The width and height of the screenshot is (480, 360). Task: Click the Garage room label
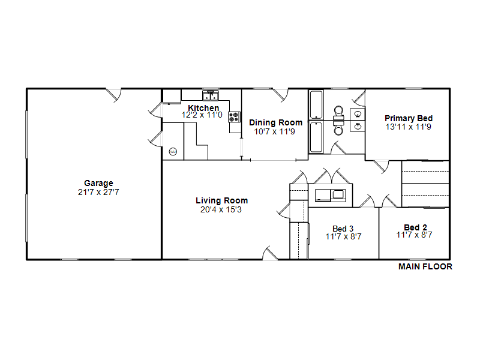click(x=98, y=183)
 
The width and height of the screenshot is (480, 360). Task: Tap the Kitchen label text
click(x=203, y=108)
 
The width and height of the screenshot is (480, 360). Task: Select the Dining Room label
click(x=276, y=122)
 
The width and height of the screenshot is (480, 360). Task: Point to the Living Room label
click(x=221, y=200)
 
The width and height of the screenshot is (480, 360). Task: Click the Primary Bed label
click(x=409, y=118)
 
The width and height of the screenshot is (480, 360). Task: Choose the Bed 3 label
click(x=343, y=229)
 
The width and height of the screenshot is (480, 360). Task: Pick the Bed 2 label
click(x=415, y=227)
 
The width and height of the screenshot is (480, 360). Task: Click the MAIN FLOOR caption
click(x=425, y=266)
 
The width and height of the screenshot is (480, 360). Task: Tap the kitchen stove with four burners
click(x=234, y=117)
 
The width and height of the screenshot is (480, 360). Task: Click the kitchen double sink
click(x=211, y=95)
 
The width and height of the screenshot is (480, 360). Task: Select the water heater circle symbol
click(x=173, y=152)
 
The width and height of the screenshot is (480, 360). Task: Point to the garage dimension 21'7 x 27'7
click(x=98, y=192)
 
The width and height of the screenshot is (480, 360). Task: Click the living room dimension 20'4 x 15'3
click(x=221, y=209)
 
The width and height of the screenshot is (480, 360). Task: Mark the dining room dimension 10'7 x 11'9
click(x=275, y=131)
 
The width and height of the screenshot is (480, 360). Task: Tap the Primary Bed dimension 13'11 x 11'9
click(x=409, y=127)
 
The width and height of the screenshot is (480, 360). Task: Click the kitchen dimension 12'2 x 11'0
click(x=202, y=115)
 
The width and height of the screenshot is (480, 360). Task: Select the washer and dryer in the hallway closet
click(x=331, y=196)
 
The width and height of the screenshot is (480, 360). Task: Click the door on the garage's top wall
click(x=113, y=95)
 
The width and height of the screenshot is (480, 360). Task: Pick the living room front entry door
click(x=270, y=253)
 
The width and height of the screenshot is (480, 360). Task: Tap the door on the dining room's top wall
click(x=281, y=95)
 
